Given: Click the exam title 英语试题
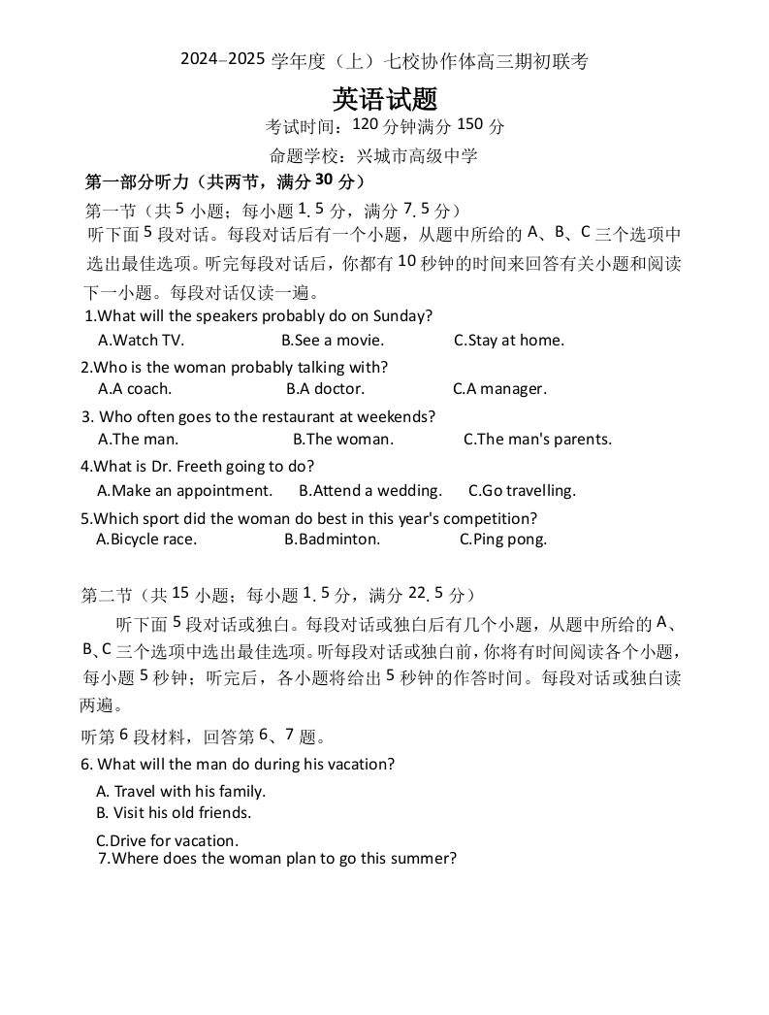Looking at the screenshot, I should click(385, 99).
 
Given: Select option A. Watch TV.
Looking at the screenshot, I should click(142, 341).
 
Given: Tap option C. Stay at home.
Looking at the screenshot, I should click(509, 341).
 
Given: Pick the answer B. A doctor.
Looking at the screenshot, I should click(326, 389).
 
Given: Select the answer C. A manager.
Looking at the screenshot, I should click(500, 389).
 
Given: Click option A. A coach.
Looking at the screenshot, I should click(135, 389).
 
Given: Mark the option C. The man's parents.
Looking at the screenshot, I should click(537, 440).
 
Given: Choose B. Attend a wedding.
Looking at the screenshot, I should click(370, 491).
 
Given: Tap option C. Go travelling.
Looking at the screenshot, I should click(522, 491).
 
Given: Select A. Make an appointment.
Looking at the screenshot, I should click(185, 491).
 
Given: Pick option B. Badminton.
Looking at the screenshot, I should click(333, 540).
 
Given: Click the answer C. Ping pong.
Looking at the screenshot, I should click(503, 540).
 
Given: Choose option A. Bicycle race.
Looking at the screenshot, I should click(146, 540).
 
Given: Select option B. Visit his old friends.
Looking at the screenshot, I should click(174, 813).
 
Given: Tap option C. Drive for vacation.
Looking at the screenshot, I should click(167, 841).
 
